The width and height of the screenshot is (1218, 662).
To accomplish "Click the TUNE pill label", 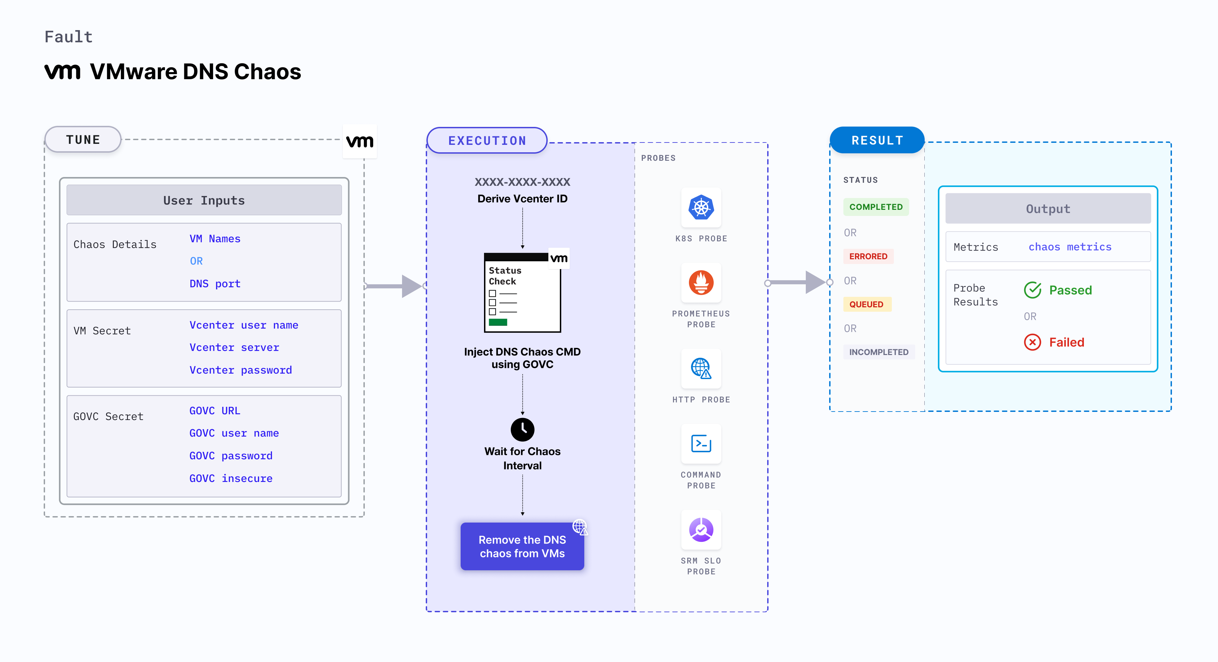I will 83,140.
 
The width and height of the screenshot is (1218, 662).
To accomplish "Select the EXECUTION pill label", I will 487,141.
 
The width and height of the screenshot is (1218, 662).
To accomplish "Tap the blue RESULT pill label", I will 877,140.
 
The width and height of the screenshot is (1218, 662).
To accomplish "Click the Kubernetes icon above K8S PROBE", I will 701,207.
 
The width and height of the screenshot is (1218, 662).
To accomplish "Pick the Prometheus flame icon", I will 701,283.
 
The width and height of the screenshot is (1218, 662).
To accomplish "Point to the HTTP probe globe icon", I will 701,368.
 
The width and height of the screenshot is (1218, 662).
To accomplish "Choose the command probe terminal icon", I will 701,444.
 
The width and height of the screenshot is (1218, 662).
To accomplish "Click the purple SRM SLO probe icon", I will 701,530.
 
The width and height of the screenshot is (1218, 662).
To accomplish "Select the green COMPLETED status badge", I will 876,207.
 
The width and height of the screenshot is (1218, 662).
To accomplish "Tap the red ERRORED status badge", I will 868,257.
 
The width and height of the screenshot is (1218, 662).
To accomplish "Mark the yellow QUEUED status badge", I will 866,304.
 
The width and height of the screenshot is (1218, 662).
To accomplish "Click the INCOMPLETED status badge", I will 879,352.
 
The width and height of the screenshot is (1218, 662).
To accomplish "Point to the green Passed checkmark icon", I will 1033,290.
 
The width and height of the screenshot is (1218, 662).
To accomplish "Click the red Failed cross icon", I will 1033,342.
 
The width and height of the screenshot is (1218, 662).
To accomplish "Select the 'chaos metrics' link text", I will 1070,247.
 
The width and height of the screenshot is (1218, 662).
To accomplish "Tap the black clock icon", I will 523,429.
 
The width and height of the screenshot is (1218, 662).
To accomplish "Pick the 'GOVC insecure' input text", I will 231,478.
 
